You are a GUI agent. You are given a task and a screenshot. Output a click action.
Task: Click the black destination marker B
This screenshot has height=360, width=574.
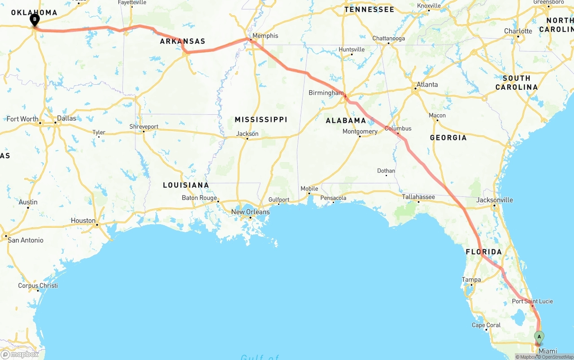[x=35, y=20]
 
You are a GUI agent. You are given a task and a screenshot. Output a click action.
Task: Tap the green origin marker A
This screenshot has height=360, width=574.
[x=539, y=337]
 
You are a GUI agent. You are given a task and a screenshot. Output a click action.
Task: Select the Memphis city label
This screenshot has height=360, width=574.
[x=265, y=36]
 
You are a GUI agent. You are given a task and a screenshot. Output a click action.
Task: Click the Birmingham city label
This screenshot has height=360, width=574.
[x=326, y=93]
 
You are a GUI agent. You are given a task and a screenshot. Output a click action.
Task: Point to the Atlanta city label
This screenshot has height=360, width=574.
[x=427, y=84]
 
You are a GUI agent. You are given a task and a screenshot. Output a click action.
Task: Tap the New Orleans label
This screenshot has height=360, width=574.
[x=250, y=212]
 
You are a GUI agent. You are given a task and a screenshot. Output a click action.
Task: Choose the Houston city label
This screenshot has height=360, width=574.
[x=83, y=221]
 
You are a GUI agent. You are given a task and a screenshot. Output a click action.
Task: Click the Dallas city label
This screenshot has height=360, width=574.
[x=66, y=118]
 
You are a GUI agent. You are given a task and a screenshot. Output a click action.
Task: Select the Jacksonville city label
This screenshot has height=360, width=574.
[x=495, y=200]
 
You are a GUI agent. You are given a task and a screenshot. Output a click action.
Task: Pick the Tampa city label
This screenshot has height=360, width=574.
[x=471, y=279]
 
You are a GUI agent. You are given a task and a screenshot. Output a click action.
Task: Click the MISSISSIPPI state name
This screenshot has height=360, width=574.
[x=261, y=120]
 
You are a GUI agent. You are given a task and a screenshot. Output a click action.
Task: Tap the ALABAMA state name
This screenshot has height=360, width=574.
[x=346, y=120]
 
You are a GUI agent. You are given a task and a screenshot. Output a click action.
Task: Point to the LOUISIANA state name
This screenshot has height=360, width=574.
[x=186, y=185]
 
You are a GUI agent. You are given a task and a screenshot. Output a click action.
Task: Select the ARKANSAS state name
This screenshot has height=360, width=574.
[x=183, y=41]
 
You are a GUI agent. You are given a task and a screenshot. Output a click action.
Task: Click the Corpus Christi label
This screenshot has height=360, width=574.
[x=38, y=286]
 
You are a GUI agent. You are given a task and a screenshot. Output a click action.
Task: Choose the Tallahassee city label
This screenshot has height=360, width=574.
[x=418, y=197]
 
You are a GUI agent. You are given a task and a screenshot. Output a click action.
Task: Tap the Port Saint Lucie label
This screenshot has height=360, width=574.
[x=532, y=301]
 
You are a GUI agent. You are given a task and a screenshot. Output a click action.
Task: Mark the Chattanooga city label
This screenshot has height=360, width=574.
[x=388, y=39]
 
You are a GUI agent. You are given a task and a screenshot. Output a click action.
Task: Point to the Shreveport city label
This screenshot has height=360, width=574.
[x=144, y=127]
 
